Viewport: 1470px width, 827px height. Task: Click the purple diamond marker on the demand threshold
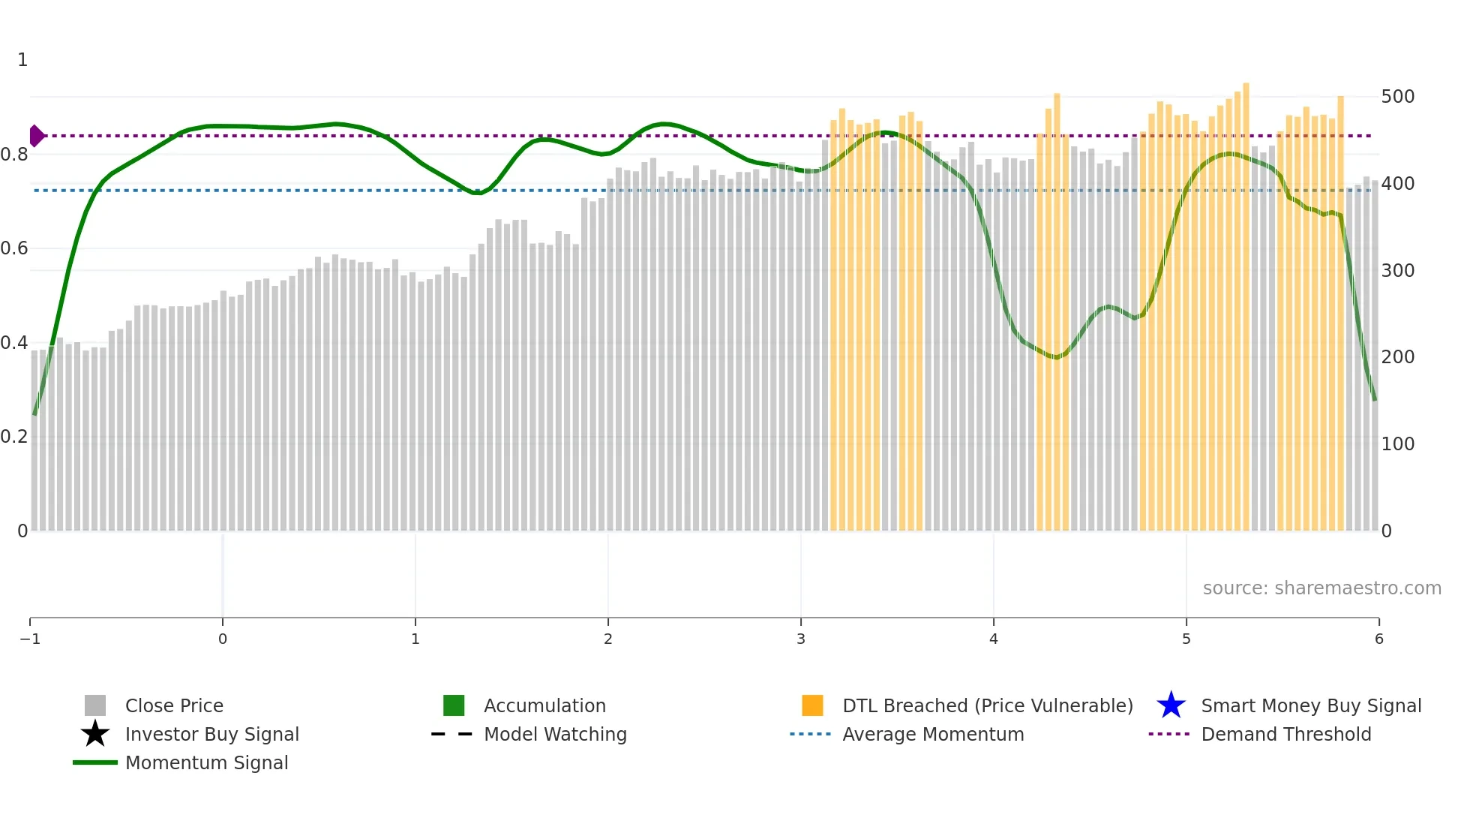(x=36, y=136)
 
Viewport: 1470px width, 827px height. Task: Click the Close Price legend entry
(x=174, y=705)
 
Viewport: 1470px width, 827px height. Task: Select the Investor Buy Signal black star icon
(x=95, y=734)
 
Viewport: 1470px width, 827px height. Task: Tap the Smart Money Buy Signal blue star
(x=1171, y=705)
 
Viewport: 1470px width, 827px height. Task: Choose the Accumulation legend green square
(x=454, y=705)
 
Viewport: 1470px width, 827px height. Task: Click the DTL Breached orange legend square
(x=812, y=705)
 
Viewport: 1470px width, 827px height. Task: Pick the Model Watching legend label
(x=555, y=734)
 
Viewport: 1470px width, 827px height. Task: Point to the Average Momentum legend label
(x=933, y=734)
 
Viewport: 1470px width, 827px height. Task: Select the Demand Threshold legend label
(x=1285, y=734)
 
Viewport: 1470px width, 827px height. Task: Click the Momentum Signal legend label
(x=206, y=762)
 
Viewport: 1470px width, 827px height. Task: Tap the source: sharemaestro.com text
(x=1321, y=588)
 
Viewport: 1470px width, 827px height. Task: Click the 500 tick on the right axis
(x=1397, y=97)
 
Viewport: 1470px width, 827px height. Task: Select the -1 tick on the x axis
(x=30, y=639)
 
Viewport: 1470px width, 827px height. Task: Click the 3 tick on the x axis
(x=801, y=639)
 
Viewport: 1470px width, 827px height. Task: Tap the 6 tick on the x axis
(x=1378, y=639)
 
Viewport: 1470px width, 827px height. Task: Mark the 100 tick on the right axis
(x=1397, y=444)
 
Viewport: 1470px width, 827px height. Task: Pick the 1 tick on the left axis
(x=22, y=60)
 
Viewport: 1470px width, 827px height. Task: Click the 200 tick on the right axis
(x=1397, y=357)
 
